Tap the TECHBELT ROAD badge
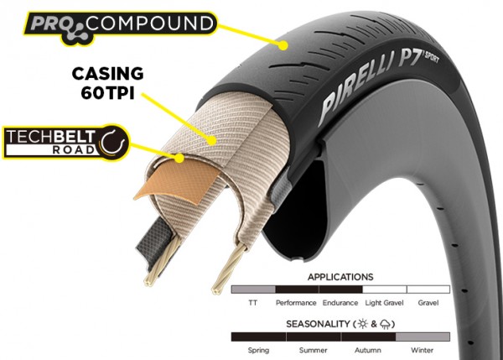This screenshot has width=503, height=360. (x=66, y=142)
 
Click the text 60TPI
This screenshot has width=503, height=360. (x=107, y=93)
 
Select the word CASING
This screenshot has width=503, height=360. (x=107, y=74)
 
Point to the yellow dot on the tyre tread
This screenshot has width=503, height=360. (x=283, y=45)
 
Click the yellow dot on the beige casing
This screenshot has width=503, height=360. (x=212, y=140)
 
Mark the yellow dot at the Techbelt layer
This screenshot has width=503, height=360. (x=180, y=158)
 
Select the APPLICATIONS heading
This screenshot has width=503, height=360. (x=340, y=277)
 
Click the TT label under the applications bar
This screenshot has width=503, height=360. (x=253, y=302)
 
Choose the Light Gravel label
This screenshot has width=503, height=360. (x=384, y=302)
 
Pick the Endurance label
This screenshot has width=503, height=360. (x=340, y=302)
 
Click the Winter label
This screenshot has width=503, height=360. (x=423, y=350)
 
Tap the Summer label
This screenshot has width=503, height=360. (x=313, y=350)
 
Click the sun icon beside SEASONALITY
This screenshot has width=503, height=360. (x=362, y=324)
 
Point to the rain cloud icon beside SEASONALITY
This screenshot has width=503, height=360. (x=385, y=324)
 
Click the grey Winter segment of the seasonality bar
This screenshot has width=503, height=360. (x=423, y=337)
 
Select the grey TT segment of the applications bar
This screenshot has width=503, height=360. (x=253, y=290)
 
